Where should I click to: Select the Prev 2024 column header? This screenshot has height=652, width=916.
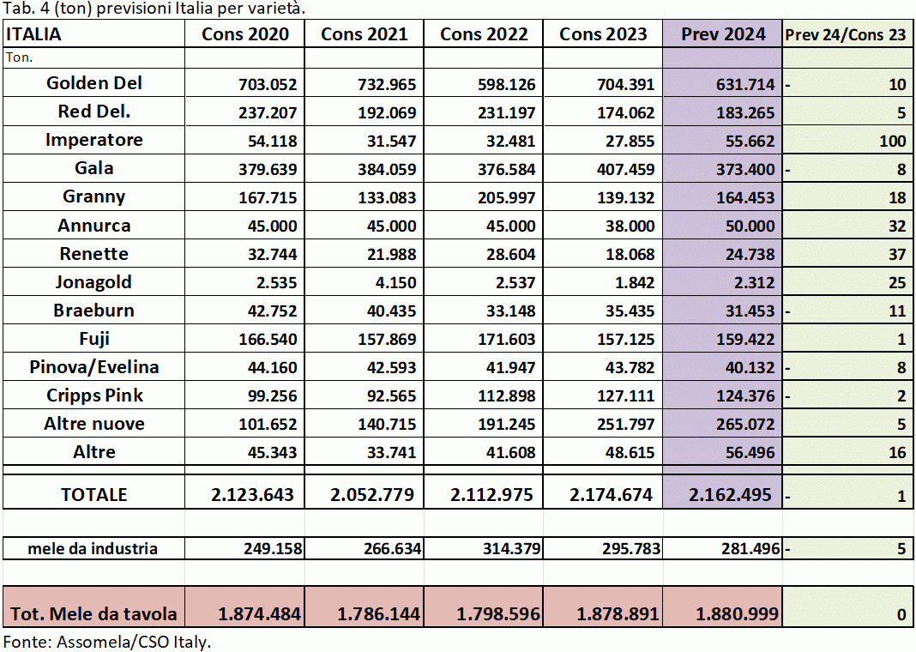click(x=723, y=34)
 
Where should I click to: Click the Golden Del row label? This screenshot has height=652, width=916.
click(x=94, y=83)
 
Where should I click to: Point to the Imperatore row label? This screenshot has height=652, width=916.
click(x=94, y=140)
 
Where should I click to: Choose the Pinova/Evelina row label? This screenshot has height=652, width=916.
click(x=94, y=367)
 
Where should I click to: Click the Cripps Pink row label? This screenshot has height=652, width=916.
click(x=94, y=395)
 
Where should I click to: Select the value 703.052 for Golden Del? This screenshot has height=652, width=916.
click(x=267, y=85)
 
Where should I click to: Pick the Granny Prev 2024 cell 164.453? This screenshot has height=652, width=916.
click(x=744, y=198)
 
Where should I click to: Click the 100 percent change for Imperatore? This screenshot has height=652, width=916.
click(x=892, y=142)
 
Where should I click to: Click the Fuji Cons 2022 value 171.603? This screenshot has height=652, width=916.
click(x=505, y=340)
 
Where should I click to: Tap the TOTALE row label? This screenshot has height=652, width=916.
click(x=94, y=494)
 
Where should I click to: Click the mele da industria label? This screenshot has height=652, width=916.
click(x=93, y=548)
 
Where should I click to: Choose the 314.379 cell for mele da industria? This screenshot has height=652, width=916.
click(x=505, y=548)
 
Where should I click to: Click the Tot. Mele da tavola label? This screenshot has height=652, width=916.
click(x=94, y=613)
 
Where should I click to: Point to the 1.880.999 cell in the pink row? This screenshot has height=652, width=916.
click(x=732, y=614)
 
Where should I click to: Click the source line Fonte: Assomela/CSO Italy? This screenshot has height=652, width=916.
click(x=107, y=642)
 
